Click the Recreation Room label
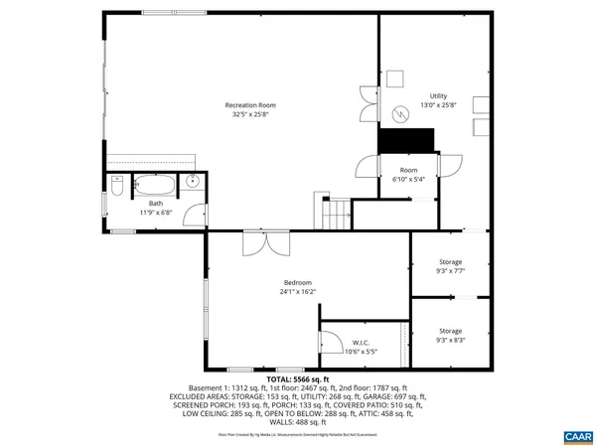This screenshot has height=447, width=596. [x=249, y=104]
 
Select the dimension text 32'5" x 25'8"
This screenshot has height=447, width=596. [x=249, y=114]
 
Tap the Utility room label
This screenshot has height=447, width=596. [x=438, y=95]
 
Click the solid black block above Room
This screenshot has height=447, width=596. [x=408, y=140]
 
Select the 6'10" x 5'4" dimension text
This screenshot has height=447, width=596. [x=408, y=180]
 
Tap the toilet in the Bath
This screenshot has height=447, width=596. [x=117, y=187]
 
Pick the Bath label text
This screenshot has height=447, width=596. [x=156, y=203]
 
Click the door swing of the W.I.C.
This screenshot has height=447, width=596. [x=330, y=339]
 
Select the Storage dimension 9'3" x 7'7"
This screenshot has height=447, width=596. [x=451, y=271]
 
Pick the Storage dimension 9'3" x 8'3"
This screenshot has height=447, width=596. [x=451, y=340]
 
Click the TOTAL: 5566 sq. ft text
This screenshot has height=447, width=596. [x=298, y=379]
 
